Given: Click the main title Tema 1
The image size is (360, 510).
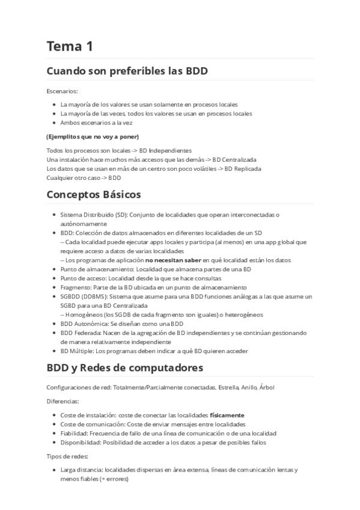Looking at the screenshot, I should (70, 46).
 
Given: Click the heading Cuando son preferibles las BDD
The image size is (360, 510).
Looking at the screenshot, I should (127, 71).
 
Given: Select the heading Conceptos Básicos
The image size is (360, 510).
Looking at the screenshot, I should (93, 195).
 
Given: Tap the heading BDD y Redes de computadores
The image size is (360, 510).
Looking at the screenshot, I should (124, 367).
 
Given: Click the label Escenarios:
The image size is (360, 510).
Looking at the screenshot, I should (62, 91).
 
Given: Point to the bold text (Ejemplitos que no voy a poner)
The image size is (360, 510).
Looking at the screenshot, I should (92, 136).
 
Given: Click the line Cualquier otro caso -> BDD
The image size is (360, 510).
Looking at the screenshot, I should (84, 177).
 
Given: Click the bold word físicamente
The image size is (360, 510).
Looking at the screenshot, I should (227, 415).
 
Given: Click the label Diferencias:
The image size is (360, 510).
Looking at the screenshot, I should (63, 401).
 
